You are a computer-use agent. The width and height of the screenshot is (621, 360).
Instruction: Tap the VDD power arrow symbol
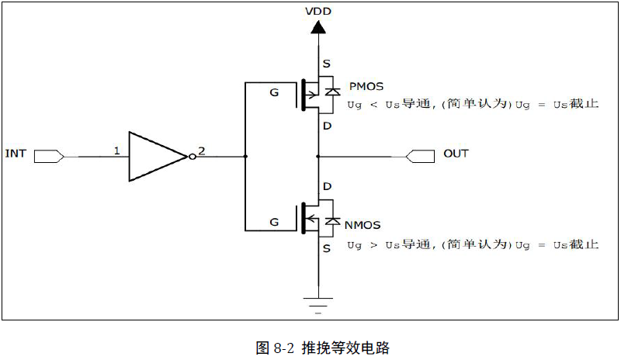tap(317, 27)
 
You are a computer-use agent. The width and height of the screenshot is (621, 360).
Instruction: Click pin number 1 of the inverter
tap(116, 151)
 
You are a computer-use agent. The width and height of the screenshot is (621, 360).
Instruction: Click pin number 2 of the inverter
tap(202, 151)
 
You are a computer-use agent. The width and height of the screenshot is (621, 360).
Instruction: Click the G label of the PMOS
tap(273, 93)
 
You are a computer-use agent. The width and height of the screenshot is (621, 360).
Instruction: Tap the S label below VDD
tap(327, 64)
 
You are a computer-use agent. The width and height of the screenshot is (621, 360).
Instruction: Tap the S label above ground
tap(327, 249)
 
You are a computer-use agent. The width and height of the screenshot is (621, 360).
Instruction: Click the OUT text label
tap(456, 154)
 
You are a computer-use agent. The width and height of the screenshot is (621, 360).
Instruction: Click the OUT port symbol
tap(420, 156)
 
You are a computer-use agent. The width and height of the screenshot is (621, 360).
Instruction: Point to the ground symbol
tap(317, 303)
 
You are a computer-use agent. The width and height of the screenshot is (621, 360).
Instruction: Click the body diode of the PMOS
tap(333, 92)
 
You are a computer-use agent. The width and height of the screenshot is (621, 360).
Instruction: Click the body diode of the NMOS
tap(333, 221)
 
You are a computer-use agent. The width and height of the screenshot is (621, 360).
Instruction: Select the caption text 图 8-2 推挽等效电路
tap(322, 347)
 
